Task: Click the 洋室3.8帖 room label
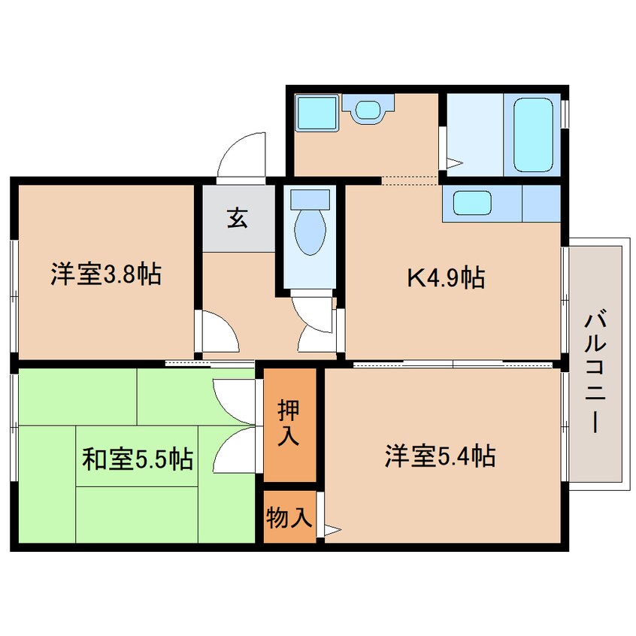click(x=106, y=274)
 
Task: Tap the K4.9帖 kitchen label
click(x=446, y=278)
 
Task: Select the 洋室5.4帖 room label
click(x=441, y=456)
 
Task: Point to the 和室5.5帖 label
click(x=138, y=459)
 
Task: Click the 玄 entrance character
click(x=238, y=218)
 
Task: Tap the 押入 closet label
click(x=289, y=423)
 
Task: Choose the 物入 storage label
click(x=289, y=517)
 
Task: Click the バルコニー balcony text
click(x=595, y=371)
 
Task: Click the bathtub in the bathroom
click(x=533, y=135)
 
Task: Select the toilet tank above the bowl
click(x=310, y=200)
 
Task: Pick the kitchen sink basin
click(x=473, y=203)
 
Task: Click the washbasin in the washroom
click(x=368, y=108)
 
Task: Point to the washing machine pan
click(x=316, y=113)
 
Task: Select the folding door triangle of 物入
click(x=332, y=530)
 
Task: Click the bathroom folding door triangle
click(x=455, y=163)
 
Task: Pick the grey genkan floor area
click(x=239, y=219)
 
